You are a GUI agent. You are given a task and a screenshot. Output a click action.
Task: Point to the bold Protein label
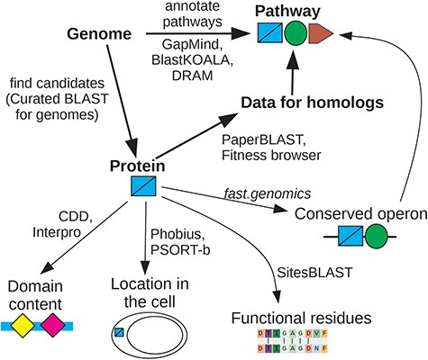(135, 166)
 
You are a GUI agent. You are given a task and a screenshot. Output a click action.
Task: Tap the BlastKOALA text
(182, 59)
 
